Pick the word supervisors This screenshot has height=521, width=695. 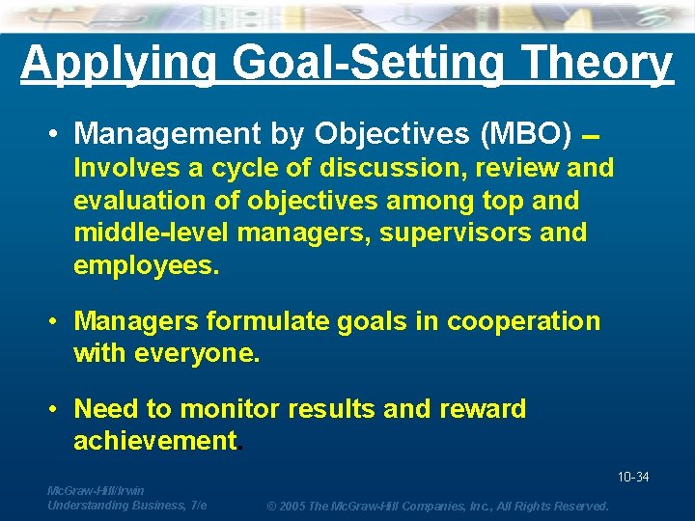pos(443,233)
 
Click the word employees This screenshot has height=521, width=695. pos(147,265)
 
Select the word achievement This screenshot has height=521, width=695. pos(155,441)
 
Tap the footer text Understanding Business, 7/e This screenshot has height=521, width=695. pos(126,505)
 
